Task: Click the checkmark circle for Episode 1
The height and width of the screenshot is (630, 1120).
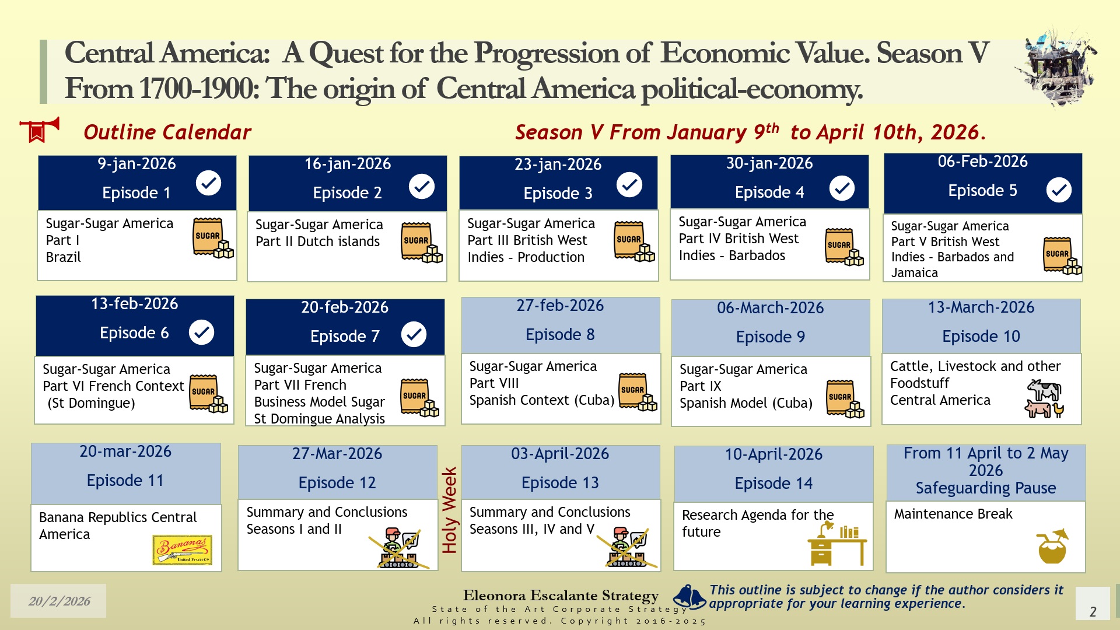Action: tap(208, 183)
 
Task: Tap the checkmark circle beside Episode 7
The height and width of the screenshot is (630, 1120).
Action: tap(414, 334)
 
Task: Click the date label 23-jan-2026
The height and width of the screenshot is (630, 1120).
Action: tap(558, 164)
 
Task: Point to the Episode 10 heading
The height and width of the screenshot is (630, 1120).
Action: tap(981, 336)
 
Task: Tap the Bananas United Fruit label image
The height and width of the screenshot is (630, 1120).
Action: tap(182, 550)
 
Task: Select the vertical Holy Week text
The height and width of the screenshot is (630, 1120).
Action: tap(449, 510)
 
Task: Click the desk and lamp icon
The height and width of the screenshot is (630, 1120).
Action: tap(837, 544)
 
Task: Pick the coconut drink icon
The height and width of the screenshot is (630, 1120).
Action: tap(1053, 546)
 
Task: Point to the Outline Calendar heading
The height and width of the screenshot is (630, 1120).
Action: tap(167, 132)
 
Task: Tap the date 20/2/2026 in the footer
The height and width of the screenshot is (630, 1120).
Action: tap(60, 601)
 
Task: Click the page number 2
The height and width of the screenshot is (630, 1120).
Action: tap(1093, 611)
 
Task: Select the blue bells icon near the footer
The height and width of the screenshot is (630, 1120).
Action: tap(690, 597)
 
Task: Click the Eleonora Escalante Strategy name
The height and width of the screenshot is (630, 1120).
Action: tap(561, 596)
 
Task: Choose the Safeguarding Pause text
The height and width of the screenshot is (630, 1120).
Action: tap(986, 488)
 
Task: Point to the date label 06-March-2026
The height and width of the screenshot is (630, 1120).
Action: tap(770, 308)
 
